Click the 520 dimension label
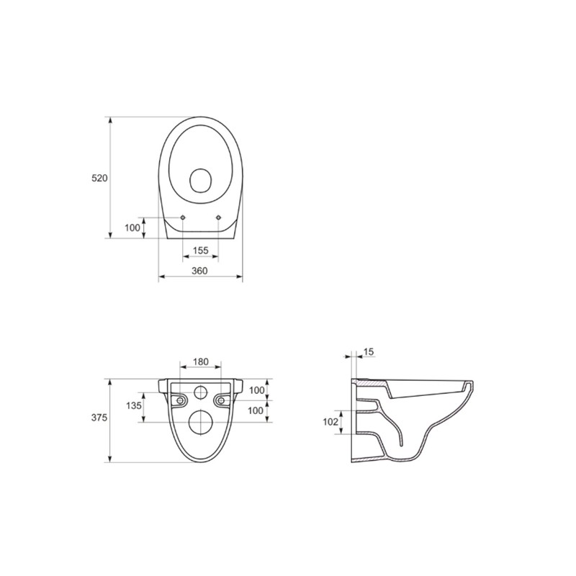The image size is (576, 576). pyautogui.click(x=99, y=178)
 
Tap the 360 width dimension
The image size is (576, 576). pyautogui.click(x=199, y=271)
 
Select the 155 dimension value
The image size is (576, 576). pyautogui.click(x=201, y=251)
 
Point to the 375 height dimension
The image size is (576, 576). pyautogui.click(x=99, y=418)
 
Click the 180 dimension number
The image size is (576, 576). pyautogui.click(x=201, y=362)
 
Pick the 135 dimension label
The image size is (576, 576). pyautogui.click(x=134, y=405)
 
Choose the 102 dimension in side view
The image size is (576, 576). pyautogui.click(x=330, y=422)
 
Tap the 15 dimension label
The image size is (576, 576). pyautogui.click(x=369, y=352)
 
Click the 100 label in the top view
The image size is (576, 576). pyautogui.click(x=132, y=228)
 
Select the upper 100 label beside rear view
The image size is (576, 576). pyautogui.click(x=257, y=390)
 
